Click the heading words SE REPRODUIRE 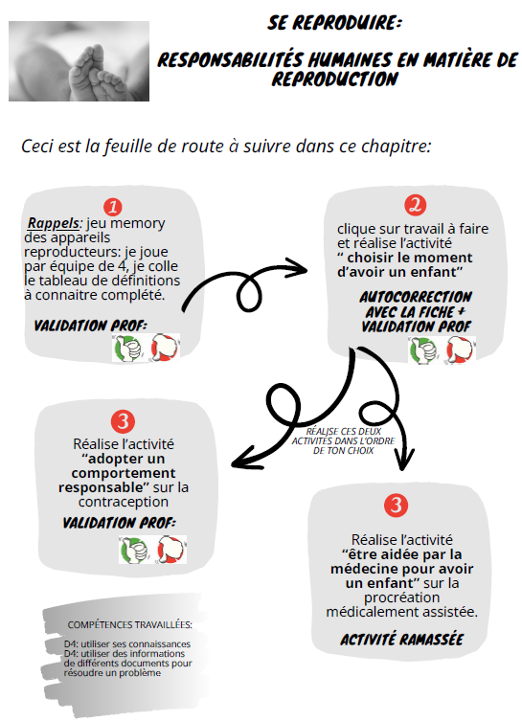[x=333, y=21]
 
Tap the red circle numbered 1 [x=112, y=207]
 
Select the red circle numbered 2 [x=414, y=205]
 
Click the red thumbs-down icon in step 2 [x=459, y=350]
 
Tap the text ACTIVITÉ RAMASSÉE [x=401, y=639]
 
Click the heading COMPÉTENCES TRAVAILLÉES [x=129, y=624]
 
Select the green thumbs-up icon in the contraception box [x=130, y=550]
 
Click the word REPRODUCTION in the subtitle [x=334, y=79]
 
